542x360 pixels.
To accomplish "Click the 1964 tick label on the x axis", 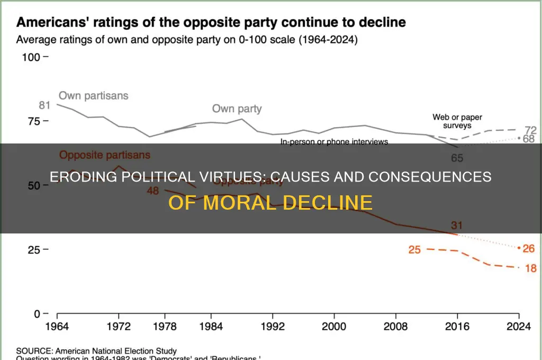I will coord(57,327).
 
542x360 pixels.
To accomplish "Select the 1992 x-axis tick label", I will coord(273,327).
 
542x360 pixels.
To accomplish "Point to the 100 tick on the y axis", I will coord(31,57).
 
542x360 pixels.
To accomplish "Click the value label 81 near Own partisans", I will coord(44,105).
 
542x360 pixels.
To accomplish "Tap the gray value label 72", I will coord(530,130).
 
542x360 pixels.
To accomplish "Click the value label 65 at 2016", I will coord(457,157).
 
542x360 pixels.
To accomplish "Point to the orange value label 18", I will coord(529,268).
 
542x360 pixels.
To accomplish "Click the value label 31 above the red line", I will coord(457,226).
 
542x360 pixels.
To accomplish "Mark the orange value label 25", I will coord(414,249).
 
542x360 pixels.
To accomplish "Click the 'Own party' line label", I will coord(237,109).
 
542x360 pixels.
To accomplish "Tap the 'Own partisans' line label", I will coord(93,96).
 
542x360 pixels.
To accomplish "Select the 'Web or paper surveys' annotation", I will coord(457,121).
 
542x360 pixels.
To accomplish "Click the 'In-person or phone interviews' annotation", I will coord(334,142).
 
